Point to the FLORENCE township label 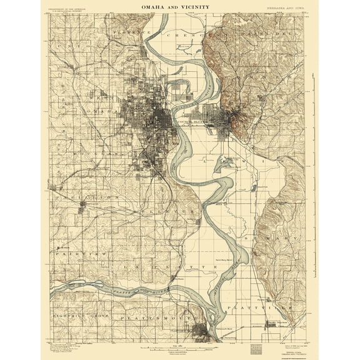(131, 32)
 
